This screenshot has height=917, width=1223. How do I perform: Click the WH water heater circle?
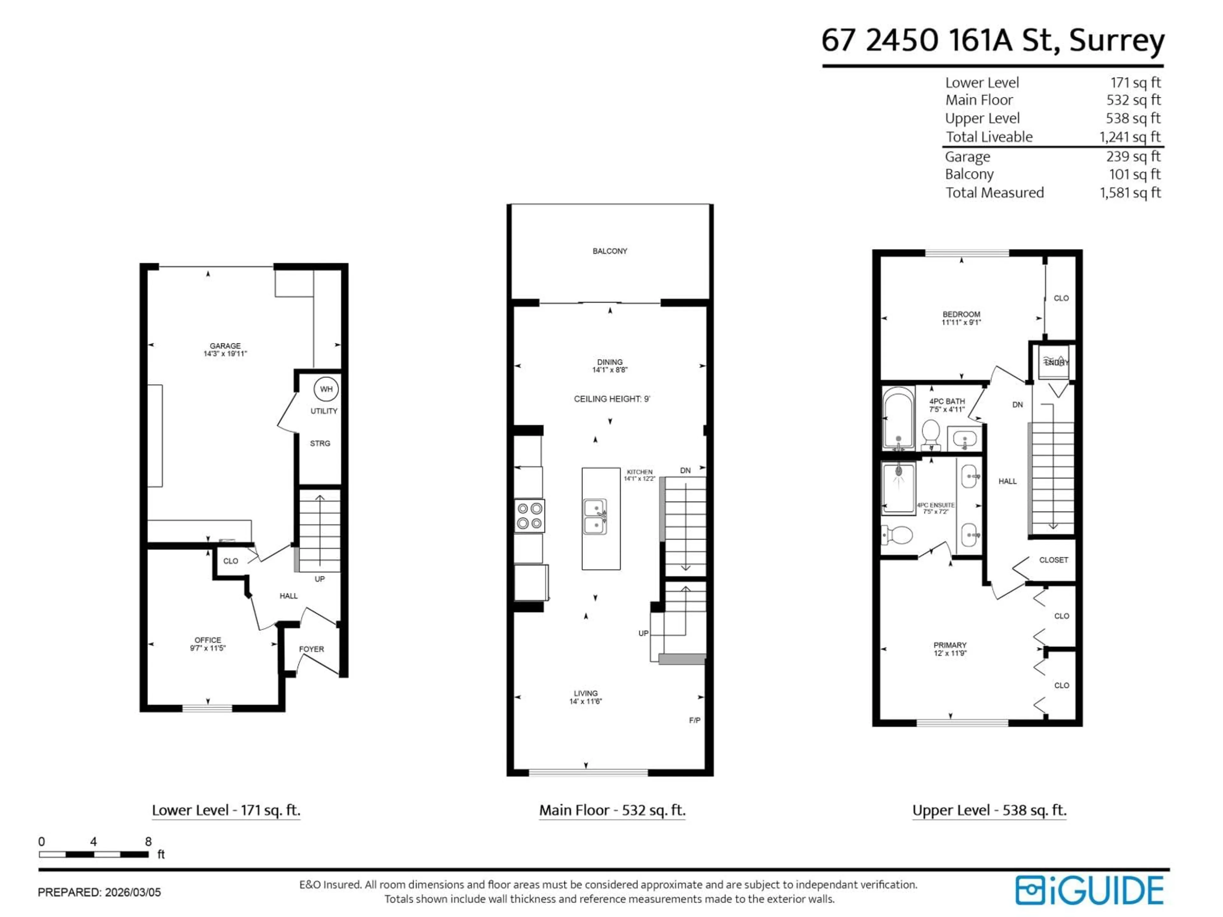(326, 389)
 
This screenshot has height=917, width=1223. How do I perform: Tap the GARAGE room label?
(225, 346)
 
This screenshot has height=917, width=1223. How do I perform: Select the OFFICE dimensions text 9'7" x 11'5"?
(208, 648)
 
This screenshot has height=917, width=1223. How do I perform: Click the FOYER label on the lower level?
(311, 650)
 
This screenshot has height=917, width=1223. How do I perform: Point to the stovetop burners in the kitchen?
(529, 516)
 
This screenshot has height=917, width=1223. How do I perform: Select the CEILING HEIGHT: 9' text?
(611, 399)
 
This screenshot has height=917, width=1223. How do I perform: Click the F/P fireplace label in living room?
(694, 720)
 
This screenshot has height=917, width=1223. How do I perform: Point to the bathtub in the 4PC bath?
(898, 417)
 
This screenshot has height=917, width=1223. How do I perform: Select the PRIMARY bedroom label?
(950, 645)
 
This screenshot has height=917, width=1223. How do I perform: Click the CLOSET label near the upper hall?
(1053, 560)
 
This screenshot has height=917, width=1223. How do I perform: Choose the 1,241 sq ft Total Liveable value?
(1130, 137)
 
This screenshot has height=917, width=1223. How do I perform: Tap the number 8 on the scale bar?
(148, 842)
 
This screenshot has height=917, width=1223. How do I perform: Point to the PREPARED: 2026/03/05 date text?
(99, 892)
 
